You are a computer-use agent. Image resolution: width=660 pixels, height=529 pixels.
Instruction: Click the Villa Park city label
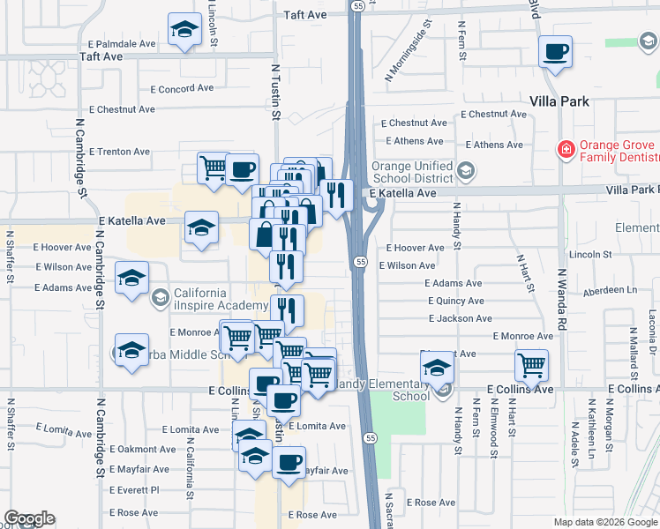[559, 101]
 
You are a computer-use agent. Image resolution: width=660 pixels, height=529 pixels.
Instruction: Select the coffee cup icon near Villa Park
[555, 53]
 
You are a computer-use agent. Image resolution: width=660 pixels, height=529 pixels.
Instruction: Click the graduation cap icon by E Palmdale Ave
[184, 30]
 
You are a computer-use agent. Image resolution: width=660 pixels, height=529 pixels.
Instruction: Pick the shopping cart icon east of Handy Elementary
[531, 364]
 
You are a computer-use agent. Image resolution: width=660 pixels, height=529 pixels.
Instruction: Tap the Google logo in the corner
[29, 518]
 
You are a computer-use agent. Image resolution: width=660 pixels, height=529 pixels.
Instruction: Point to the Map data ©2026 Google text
[604, 522]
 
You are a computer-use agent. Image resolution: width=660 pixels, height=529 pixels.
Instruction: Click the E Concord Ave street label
[183, 88]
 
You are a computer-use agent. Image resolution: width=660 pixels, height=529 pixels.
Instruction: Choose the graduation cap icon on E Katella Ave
[201, 227]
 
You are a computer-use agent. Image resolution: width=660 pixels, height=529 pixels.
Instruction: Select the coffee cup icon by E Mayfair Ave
[289, 461]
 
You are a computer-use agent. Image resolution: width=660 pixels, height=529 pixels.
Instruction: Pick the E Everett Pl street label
[135, 489]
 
